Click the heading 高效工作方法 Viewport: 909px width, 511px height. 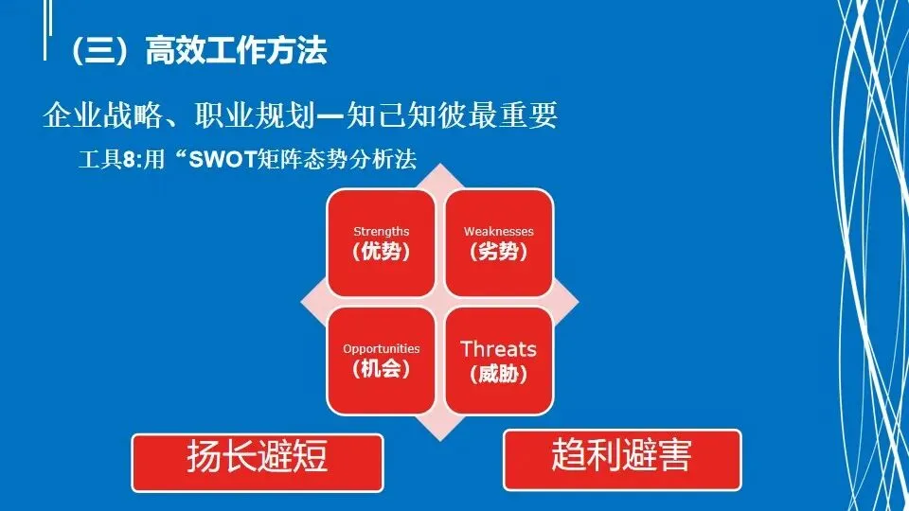236,50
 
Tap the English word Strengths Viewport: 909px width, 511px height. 382,232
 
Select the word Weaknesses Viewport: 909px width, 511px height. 499,232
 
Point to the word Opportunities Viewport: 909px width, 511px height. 382,349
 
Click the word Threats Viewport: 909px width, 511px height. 499,349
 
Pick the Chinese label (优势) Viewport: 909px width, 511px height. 382,252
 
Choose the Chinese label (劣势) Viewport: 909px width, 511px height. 499,252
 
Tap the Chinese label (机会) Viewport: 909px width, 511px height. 382,369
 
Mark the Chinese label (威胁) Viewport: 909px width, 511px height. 499,375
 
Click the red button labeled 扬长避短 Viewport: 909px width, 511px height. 258,463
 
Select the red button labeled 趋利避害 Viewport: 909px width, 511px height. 622,460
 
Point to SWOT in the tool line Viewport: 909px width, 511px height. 223,159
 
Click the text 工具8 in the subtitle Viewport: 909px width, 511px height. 107,159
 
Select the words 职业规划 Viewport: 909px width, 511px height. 255,115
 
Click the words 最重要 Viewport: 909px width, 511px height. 513,115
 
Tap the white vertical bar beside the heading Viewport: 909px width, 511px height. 45,29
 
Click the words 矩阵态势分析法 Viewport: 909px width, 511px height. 337,159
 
